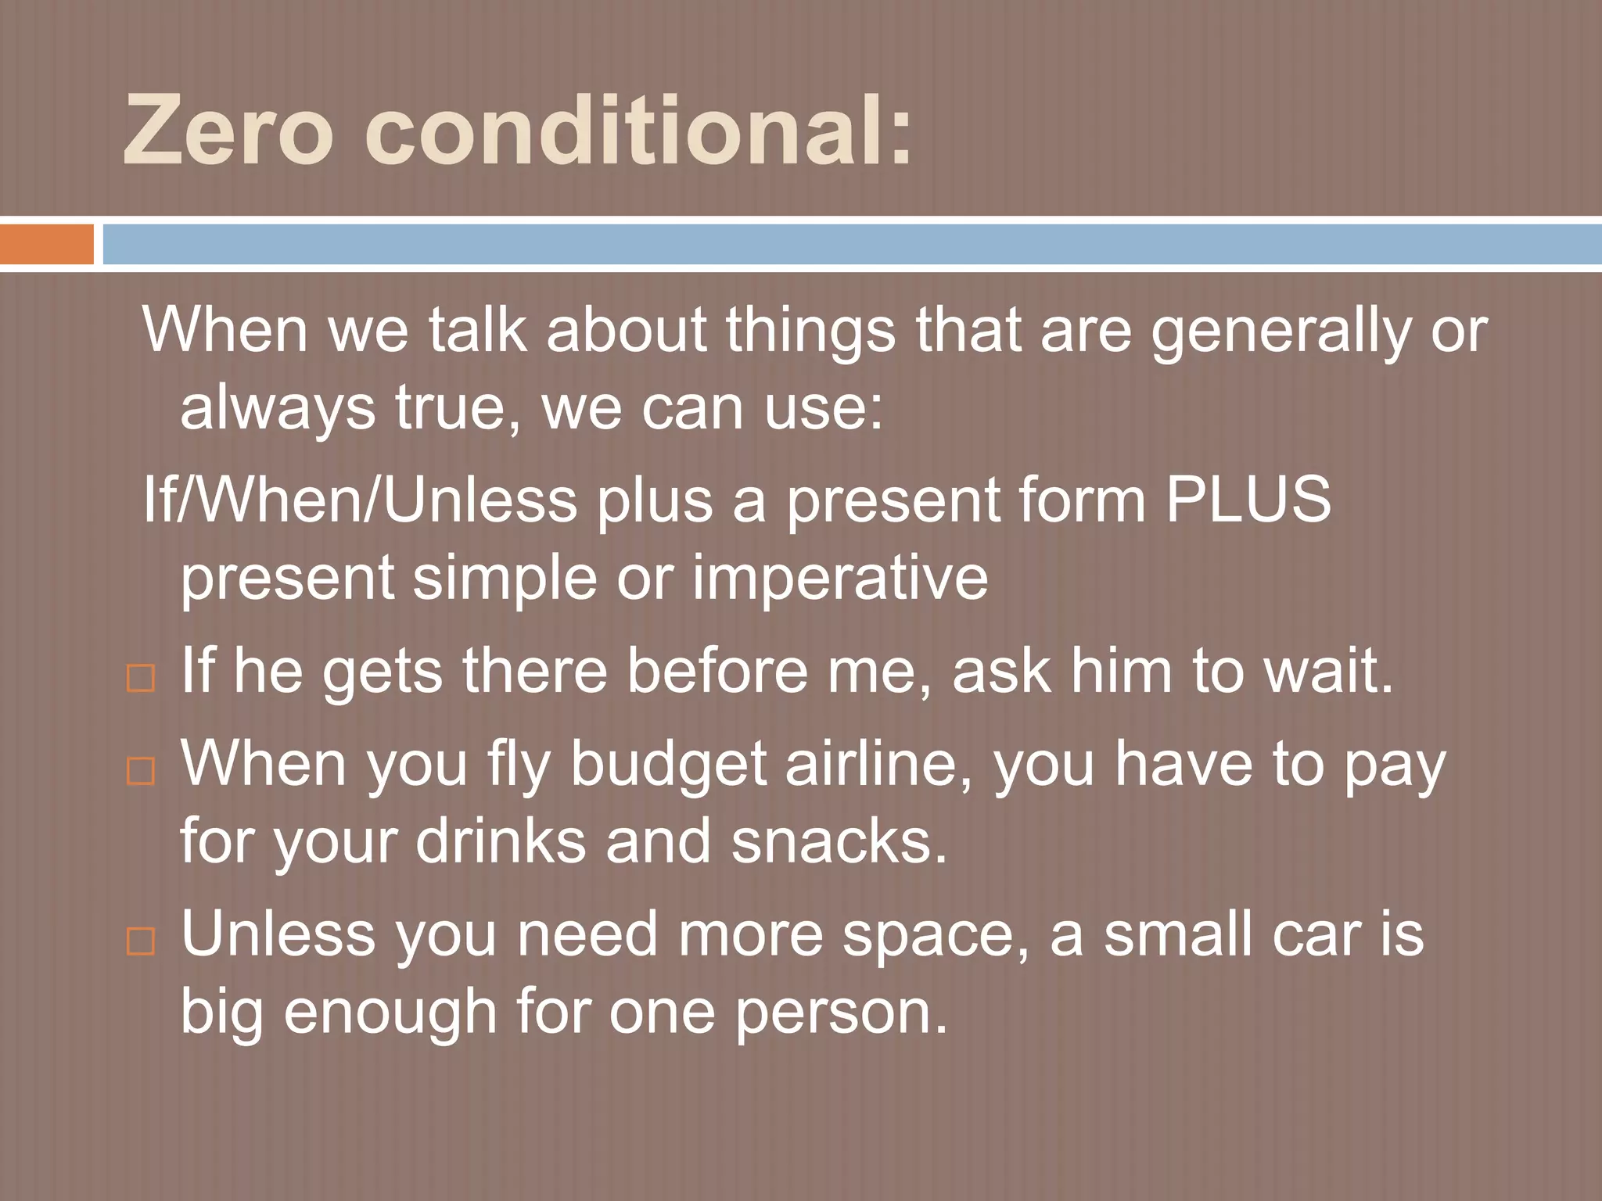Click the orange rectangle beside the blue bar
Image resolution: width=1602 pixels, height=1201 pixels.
point(46,244)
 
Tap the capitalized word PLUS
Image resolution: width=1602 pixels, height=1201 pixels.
point(1248,500)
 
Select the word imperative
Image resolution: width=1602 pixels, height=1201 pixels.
point(840,579)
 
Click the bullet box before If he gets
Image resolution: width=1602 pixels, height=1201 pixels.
point(140,678)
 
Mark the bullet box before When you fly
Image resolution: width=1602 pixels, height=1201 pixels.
point(140,771)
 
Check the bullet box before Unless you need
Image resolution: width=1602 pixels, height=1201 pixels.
point(140,941)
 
